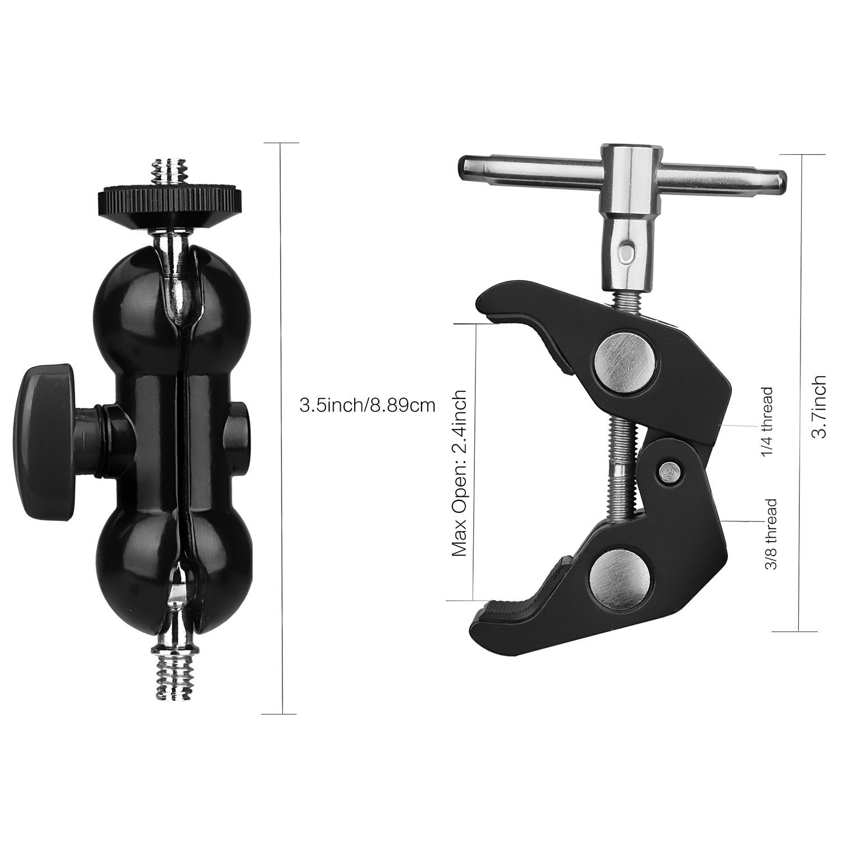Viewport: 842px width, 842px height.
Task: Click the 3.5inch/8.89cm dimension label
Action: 368,405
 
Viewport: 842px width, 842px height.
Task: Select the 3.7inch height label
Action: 820,406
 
